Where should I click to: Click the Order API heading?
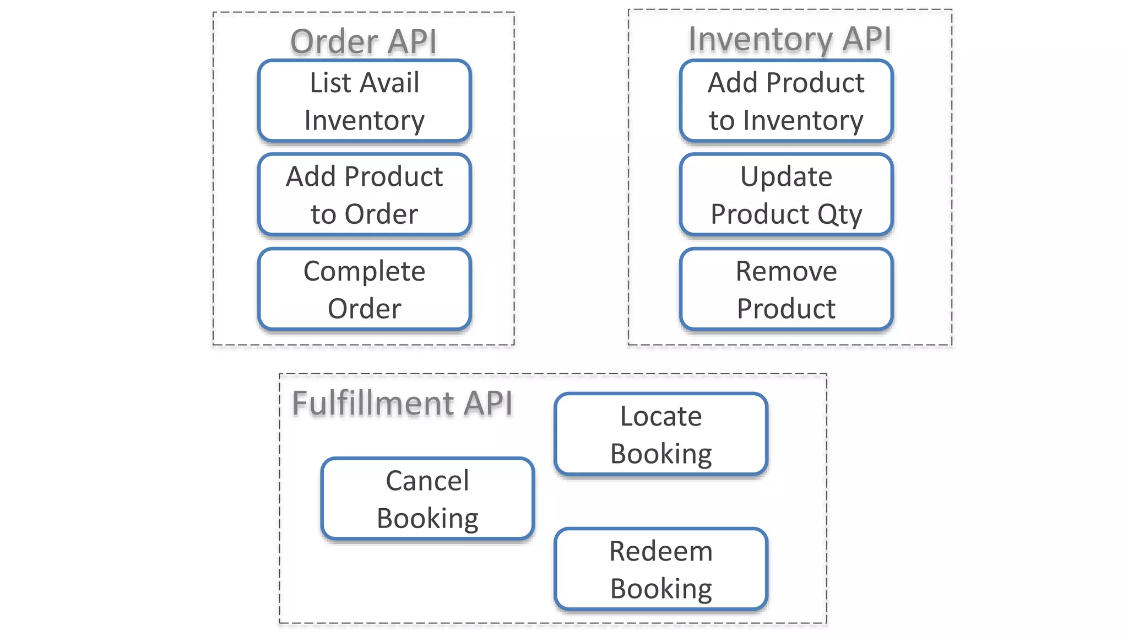(x=364, y=42)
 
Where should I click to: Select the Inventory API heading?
(x=789, y=39)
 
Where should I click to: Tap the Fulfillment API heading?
(x=402, y=403)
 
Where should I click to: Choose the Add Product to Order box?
(x=364, y=195)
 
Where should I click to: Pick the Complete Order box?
(x=364, y=289)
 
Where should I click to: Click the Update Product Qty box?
(x=786, y=195)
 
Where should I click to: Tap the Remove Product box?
(x=786, y=289)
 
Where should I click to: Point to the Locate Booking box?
(x=661, y=434)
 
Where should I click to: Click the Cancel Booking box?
(x=427, y=499)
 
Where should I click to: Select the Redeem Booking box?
(x=661, y=569)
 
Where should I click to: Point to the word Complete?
(x=364, y=272)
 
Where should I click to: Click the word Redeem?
(x=661, y=551)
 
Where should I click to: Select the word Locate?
(x=661, y=416)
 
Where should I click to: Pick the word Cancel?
(x=427, y=481)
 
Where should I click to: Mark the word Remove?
(x=786, y=271)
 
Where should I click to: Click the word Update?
(x=786, y=177)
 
